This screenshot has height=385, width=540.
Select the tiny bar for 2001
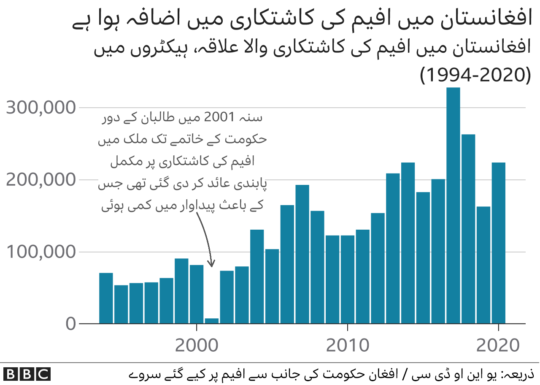(x=212, y=321)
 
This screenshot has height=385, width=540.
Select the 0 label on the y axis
(x=70, y=325)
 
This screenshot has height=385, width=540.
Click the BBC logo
(x=27, y=374)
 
